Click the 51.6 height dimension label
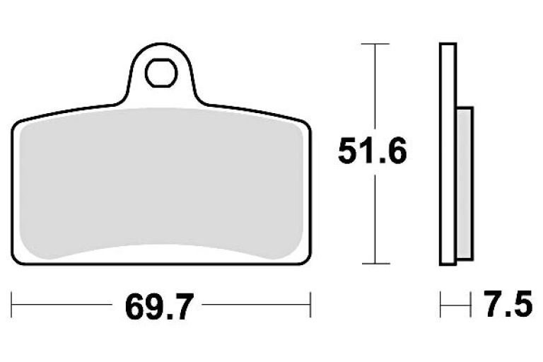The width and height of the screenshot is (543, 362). [372, 152]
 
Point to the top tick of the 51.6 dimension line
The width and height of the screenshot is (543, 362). [375, 45]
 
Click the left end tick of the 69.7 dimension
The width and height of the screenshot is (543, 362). [13, 307]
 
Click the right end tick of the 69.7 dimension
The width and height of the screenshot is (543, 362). [310, 307]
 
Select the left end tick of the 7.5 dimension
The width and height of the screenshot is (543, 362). [440, 307]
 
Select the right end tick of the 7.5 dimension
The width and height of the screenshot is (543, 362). [472, 307]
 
